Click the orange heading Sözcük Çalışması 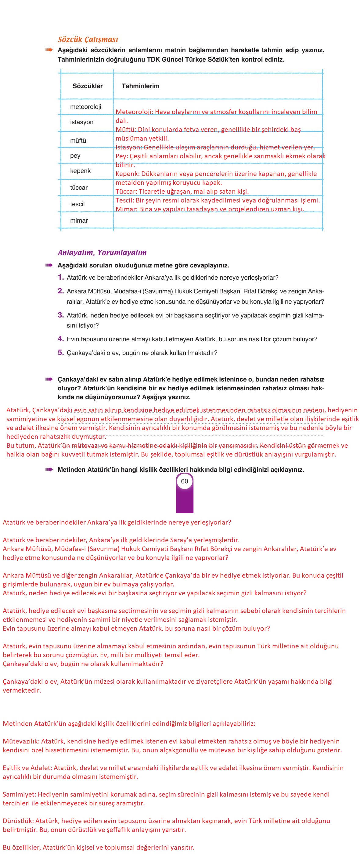[x=88, y=39]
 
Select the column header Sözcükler [x=88, y=86]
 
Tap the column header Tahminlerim [x=140, y=86]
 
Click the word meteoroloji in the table [x=85, y=107]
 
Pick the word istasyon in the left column [x=81, y=122]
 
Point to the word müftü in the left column [x=78, y=141]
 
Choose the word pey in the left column [x=75, y=156]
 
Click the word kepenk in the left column [x=80, y=171]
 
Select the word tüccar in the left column [x=78, y=188]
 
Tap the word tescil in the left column [x=77, y=204]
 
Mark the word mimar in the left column [x=79, y=221]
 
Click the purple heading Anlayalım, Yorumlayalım [x=102, y=253]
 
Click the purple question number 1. [x=60, y=277]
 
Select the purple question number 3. [x=60, y=315]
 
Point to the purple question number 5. [x=60, y=353]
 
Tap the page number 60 [x=184, y=481]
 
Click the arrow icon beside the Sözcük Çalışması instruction [x=49, y=50]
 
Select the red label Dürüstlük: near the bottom [x=18, y=821]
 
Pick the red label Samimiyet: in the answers [x=19, y=794]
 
